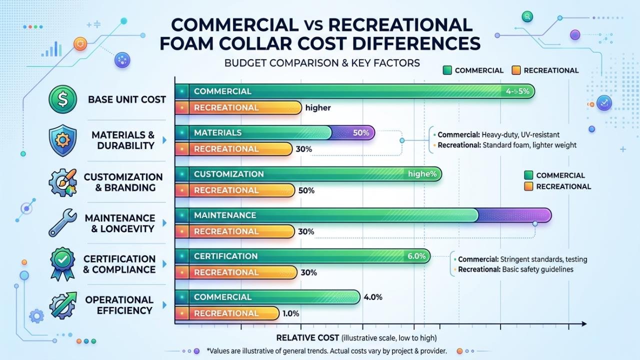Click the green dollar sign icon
(62, 99)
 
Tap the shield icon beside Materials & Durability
(62, 141)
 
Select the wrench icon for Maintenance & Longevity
(62, 223)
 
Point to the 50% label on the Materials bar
(361, 133)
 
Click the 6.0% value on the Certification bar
(416, 256)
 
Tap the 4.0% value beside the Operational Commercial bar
(373, 297)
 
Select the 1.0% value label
(290, 313)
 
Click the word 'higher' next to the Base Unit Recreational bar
(318, 107)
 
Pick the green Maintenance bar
(330, 215)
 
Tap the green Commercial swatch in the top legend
(447, 70)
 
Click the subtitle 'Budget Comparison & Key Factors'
(322, 63)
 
